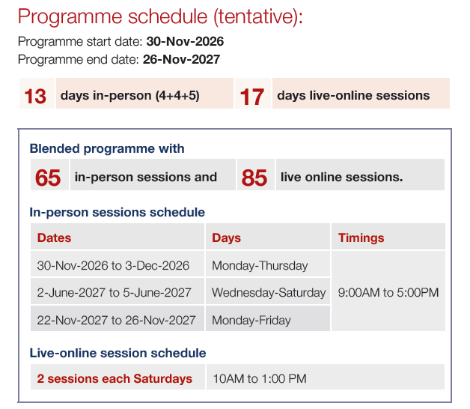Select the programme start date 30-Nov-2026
click(185, 41)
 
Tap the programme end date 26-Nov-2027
click(181, 59)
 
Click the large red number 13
click(35, 97)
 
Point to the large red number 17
click(252, 97)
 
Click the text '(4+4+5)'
click(177, 95)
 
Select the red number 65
click(48, 178)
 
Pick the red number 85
click(254, 178)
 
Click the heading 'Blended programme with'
click(107, 148)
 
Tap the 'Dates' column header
click(54, 237)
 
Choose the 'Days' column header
click(226, 237)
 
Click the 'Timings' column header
click(361, 237)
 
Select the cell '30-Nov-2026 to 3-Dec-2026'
click(113, 266)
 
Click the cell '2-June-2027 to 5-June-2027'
click(115, 293)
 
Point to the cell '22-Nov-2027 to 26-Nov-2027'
click(116, 320)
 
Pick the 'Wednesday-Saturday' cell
click(269, 293)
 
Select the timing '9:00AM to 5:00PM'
click(388, 293)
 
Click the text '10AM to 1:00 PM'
click(260, 379)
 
